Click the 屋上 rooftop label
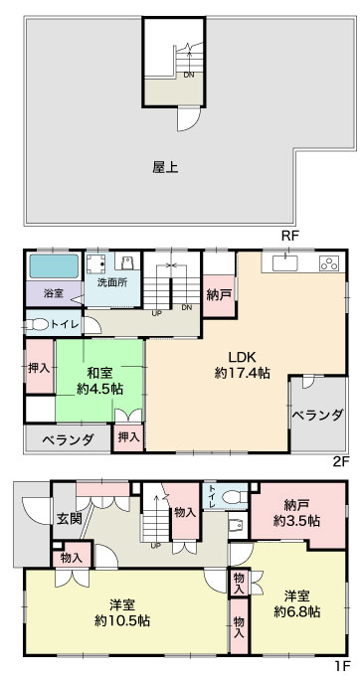click(x=165, y=167)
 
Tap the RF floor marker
click(x=290, y=236)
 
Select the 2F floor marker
click(x=340, y=461)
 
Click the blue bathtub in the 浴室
click(x=54, y=265)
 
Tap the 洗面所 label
click(x=112, y=282)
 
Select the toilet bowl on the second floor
click(x=37, y=324)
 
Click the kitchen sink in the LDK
click(x=285, y=262)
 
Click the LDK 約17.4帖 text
click(x=243, y=365)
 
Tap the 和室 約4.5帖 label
click(x=99, y=381)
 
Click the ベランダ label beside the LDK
click(x=318, y=415)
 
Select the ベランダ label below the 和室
click(x=68, y=439)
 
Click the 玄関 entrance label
click(x=69, y=519)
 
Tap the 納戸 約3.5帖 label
click(x=297, y=513)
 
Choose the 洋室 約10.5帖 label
click(x=122, y=612)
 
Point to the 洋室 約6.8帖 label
click(x=297, y=603)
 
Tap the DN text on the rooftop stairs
click(x=189, y=75)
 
